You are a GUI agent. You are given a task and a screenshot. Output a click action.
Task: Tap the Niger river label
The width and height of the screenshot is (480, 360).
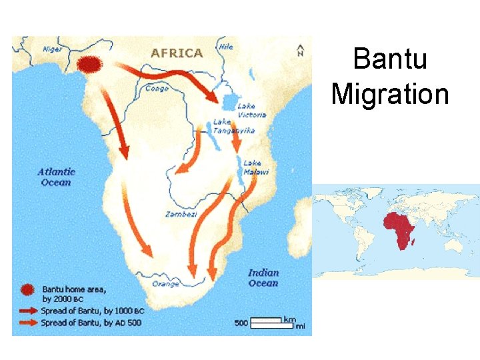(x=52, y=49)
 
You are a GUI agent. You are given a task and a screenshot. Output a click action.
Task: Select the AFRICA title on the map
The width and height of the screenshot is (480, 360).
(x=177, y=53)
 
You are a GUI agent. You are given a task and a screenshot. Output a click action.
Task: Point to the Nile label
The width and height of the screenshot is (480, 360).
(x=227, y=47)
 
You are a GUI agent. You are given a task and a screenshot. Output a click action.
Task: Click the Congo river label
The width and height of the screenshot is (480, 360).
(x=157, y=87)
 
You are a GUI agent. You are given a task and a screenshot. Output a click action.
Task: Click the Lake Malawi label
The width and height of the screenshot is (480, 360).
(x=255, y=167)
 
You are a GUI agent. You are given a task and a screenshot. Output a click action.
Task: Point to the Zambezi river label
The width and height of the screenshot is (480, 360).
(x=181, y=214)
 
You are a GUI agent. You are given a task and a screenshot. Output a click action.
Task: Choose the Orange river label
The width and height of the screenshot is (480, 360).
(x=165, y=283)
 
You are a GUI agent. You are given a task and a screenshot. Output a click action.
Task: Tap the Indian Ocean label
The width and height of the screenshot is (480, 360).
(x=263, y=278)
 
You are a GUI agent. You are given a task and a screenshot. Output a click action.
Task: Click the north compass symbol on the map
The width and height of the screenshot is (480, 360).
(x=301, y=50)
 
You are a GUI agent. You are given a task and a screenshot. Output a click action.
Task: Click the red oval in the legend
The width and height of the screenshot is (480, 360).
(x=27, y=289)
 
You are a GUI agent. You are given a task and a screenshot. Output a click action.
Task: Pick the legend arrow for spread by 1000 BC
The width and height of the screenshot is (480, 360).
(x=27, y=311)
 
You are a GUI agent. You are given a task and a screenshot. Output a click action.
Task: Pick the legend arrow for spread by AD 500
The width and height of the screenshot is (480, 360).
(x=27, y=323)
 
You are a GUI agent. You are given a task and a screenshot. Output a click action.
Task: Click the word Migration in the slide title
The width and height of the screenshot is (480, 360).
(x=390, y=93)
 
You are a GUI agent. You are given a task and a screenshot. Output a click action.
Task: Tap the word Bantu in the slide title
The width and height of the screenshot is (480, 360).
(x=390, y=59)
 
